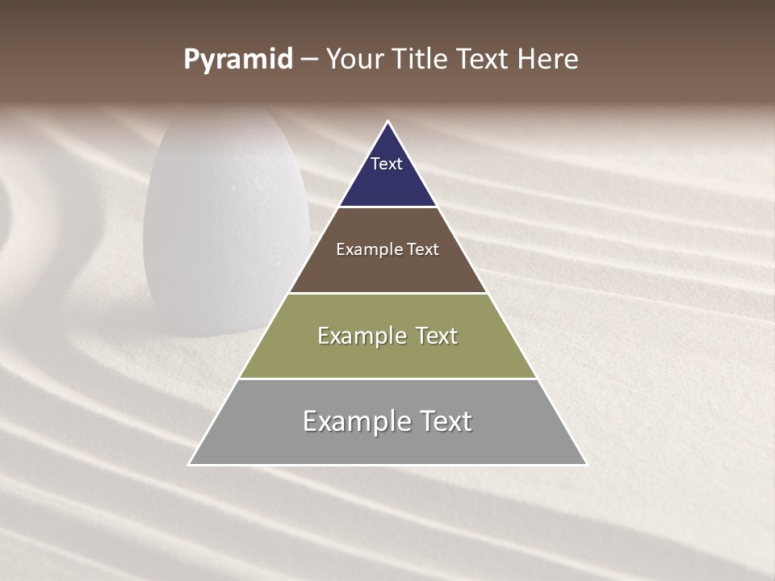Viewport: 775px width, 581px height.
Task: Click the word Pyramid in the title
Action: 237,60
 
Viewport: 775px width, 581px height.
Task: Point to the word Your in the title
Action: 354,59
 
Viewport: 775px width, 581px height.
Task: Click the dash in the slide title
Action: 309,60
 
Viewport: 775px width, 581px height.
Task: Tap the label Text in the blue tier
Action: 387,164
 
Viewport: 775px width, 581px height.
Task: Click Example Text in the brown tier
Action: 387,249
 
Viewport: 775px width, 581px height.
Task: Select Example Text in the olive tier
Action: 387,336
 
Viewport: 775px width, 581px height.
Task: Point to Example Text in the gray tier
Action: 387,421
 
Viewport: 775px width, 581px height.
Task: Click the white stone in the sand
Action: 226,226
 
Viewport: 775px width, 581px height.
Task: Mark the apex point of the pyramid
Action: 387,122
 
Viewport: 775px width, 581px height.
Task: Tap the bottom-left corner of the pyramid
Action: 190,464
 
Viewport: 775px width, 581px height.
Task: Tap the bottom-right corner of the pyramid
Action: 586,464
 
